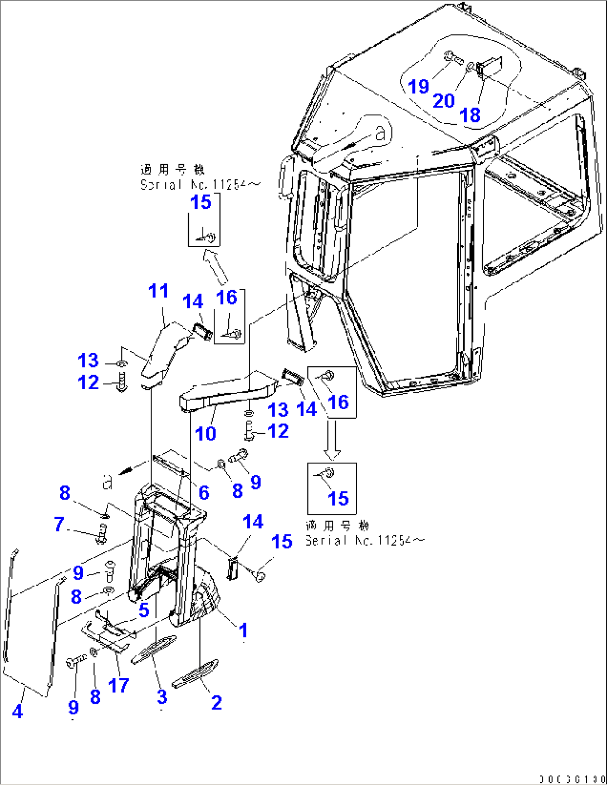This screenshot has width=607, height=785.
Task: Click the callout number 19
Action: click(x=418, y=86)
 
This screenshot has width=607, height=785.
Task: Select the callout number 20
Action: click(x=444, y=101)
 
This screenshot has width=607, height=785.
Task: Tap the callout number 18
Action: click(x=470, y=115)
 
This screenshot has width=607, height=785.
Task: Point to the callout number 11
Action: click(x=158, y=291)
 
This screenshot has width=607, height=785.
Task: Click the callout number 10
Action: click(x=205, y=433)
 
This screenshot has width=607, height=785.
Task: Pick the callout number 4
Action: click(x=17, y=711)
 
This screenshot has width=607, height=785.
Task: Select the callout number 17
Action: click(x=119, y=685)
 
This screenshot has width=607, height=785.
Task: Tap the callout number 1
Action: click(x=243, y=630)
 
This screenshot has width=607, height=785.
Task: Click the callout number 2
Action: click(x=217, y=703)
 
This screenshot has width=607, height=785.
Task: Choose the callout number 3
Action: click(x=162, y=696)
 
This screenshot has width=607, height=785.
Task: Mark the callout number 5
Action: click(x=144, y=610)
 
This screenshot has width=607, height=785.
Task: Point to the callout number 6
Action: click(x=204, y=492)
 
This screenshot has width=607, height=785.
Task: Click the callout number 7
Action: click(x=60, y=524)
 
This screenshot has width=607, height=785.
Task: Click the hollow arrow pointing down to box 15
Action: click(x=332, y=440)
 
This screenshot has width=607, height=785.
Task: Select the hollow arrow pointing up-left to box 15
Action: click(x=216, y=267)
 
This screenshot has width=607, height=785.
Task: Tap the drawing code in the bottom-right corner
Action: click(x=571, y=778)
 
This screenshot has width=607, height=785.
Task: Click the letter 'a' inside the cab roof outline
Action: click(x=380, y=133)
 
